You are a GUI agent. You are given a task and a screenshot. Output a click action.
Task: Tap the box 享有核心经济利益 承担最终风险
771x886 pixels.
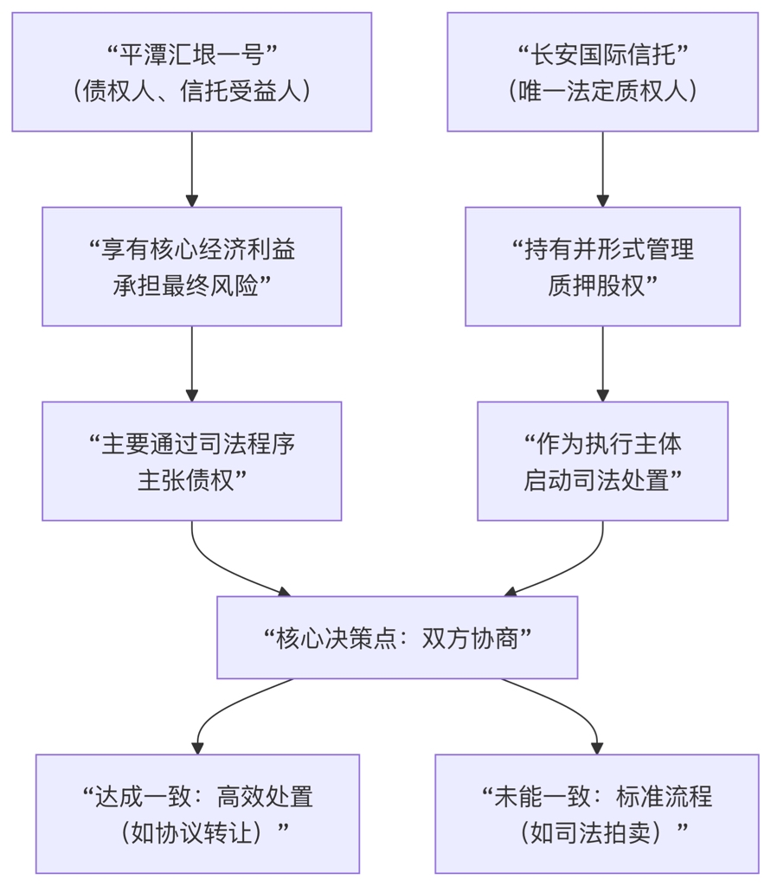coord(191,266)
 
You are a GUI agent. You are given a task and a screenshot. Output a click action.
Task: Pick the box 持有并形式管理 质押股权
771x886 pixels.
coord(602,266)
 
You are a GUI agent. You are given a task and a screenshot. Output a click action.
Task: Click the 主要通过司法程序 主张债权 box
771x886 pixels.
coord(191,461)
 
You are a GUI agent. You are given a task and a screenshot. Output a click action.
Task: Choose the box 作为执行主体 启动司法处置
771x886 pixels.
coord(602,461)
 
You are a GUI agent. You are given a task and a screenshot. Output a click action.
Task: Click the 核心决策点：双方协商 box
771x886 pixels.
coord(396,638)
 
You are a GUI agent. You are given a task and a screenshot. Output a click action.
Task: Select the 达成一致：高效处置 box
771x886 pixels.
coord(197,814)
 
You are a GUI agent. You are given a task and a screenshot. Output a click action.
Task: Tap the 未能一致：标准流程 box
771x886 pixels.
coord(596,814)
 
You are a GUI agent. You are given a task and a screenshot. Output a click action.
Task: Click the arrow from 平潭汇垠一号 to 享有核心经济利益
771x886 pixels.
coord(191,169)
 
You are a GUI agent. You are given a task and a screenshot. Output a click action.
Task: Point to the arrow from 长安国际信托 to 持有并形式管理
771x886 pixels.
coord(602,169)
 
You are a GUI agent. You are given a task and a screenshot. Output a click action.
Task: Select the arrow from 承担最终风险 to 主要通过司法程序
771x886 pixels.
coord(191,363)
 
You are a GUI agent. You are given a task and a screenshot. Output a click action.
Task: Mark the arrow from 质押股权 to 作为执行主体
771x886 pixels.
coord(602,363)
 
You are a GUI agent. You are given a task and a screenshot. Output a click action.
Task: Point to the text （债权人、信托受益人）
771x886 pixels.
coord(191,91)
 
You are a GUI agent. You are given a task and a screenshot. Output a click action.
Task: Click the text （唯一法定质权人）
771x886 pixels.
coord(602,91)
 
